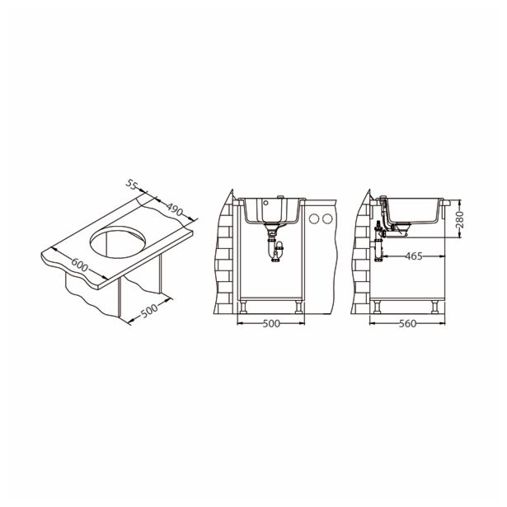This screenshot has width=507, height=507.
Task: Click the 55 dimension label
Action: [131, 185]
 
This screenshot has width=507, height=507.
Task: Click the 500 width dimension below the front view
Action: [270, 323]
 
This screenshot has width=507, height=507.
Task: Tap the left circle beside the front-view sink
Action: [315, 219]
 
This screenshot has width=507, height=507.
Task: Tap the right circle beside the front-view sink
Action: [329, 219]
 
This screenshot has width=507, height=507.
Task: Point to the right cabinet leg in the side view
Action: [434, 307]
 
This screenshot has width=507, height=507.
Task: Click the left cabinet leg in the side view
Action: [377, 307]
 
